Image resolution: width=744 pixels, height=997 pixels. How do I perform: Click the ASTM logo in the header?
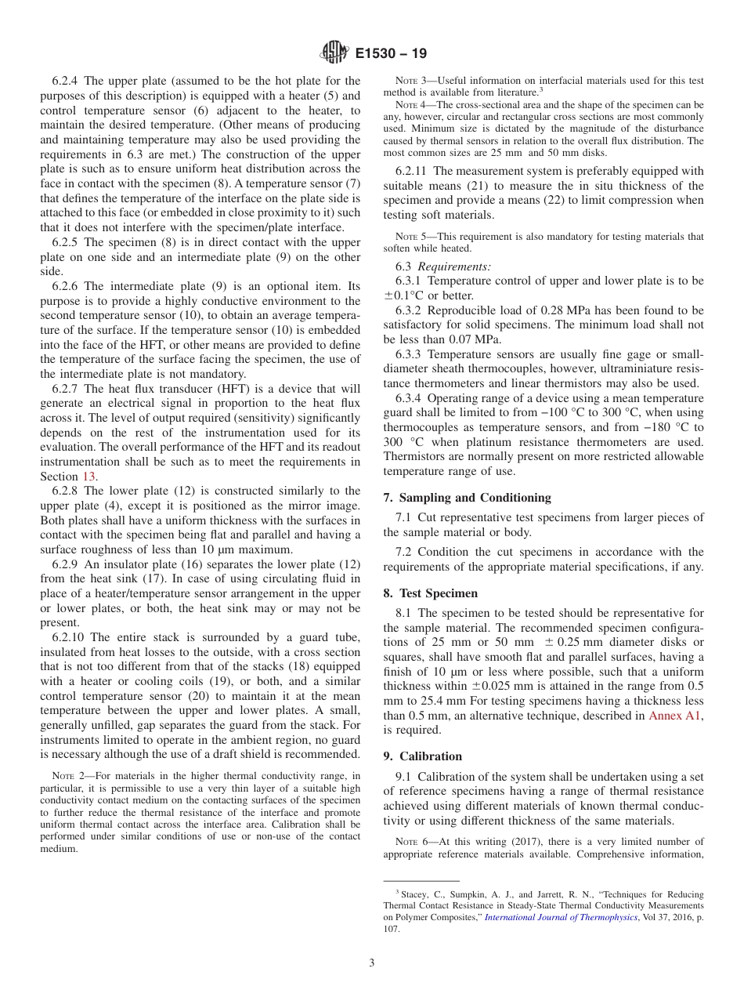coord(334,53)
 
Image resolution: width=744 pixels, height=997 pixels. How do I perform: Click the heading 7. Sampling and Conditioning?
coord(467,498)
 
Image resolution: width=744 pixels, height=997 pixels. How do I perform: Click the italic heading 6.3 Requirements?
coord(443,266)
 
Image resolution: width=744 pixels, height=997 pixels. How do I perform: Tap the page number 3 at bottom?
coord(371,963)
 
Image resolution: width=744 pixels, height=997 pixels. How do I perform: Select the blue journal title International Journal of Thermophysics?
coord(561,917)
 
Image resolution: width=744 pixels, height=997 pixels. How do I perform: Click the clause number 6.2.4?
coord(67,81)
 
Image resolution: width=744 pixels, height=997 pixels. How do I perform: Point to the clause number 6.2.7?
coord(67,389)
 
